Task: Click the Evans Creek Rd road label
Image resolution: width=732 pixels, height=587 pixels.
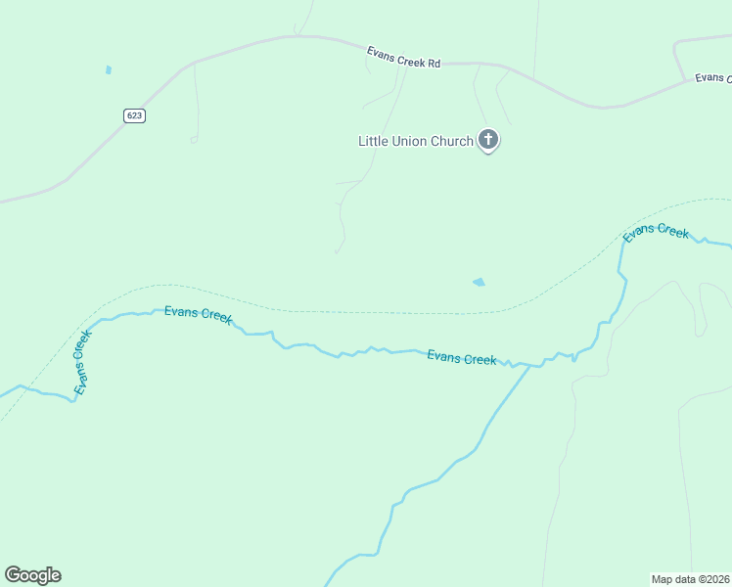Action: pos(404,57)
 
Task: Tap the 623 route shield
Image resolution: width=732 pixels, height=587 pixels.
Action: pos(135,115)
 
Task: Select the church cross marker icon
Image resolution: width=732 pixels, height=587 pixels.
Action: pos(488,140)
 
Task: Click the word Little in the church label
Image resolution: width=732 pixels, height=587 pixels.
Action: pos(373,141)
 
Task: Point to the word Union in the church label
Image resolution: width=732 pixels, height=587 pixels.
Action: pos(410,141)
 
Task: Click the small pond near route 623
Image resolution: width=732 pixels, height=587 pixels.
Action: pos(109,69)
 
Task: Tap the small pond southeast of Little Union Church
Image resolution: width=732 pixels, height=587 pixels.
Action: pos(479,283)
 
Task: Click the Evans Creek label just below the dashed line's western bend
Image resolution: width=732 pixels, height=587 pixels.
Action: pos(198,314)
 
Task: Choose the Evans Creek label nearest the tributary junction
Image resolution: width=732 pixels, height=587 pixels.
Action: pos(462,358)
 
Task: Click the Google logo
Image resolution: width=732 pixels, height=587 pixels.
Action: pos(32,575)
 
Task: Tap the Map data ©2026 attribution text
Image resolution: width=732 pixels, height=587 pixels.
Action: pos(690,579)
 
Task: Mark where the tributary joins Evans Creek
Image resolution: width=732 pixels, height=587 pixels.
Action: pos(530,366)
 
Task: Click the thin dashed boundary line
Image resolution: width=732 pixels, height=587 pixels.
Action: pos(391,313)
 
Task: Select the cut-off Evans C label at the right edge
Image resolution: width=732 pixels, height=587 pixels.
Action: pos(712,78)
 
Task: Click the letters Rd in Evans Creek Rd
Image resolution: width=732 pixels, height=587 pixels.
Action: pos(434,63)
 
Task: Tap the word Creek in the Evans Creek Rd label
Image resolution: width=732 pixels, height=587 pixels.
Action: pos(409,58)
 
